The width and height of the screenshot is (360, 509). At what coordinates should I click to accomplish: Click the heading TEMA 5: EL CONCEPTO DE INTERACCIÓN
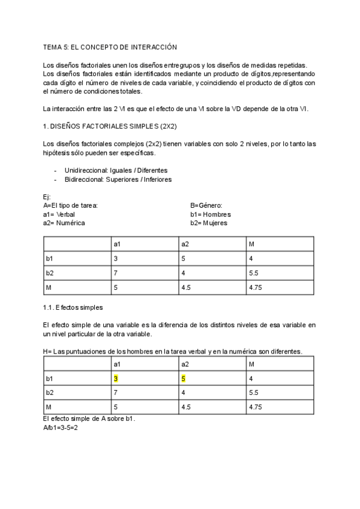110,46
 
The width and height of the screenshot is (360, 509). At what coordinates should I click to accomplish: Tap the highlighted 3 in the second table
116,379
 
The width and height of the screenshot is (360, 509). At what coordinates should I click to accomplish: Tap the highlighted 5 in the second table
183,379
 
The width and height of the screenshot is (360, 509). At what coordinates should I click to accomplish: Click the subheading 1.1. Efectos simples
73,307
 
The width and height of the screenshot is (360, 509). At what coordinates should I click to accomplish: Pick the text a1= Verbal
59,214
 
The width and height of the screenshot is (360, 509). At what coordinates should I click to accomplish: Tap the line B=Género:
206,205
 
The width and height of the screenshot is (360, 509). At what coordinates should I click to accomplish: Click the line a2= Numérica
64,223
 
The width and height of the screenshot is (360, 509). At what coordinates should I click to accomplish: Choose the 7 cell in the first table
116,273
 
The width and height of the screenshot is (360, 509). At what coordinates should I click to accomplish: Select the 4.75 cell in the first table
256,288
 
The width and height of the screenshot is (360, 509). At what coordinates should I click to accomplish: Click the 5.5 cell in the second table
254,393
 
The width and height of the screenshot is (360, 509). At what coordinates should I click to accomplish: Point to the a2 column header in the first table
185,244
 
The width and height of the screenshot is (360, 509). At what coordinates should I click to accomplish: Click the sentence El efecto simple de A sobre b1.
89,418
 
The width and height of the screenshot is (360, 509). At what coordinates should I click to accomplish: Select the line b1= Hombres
210,214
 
